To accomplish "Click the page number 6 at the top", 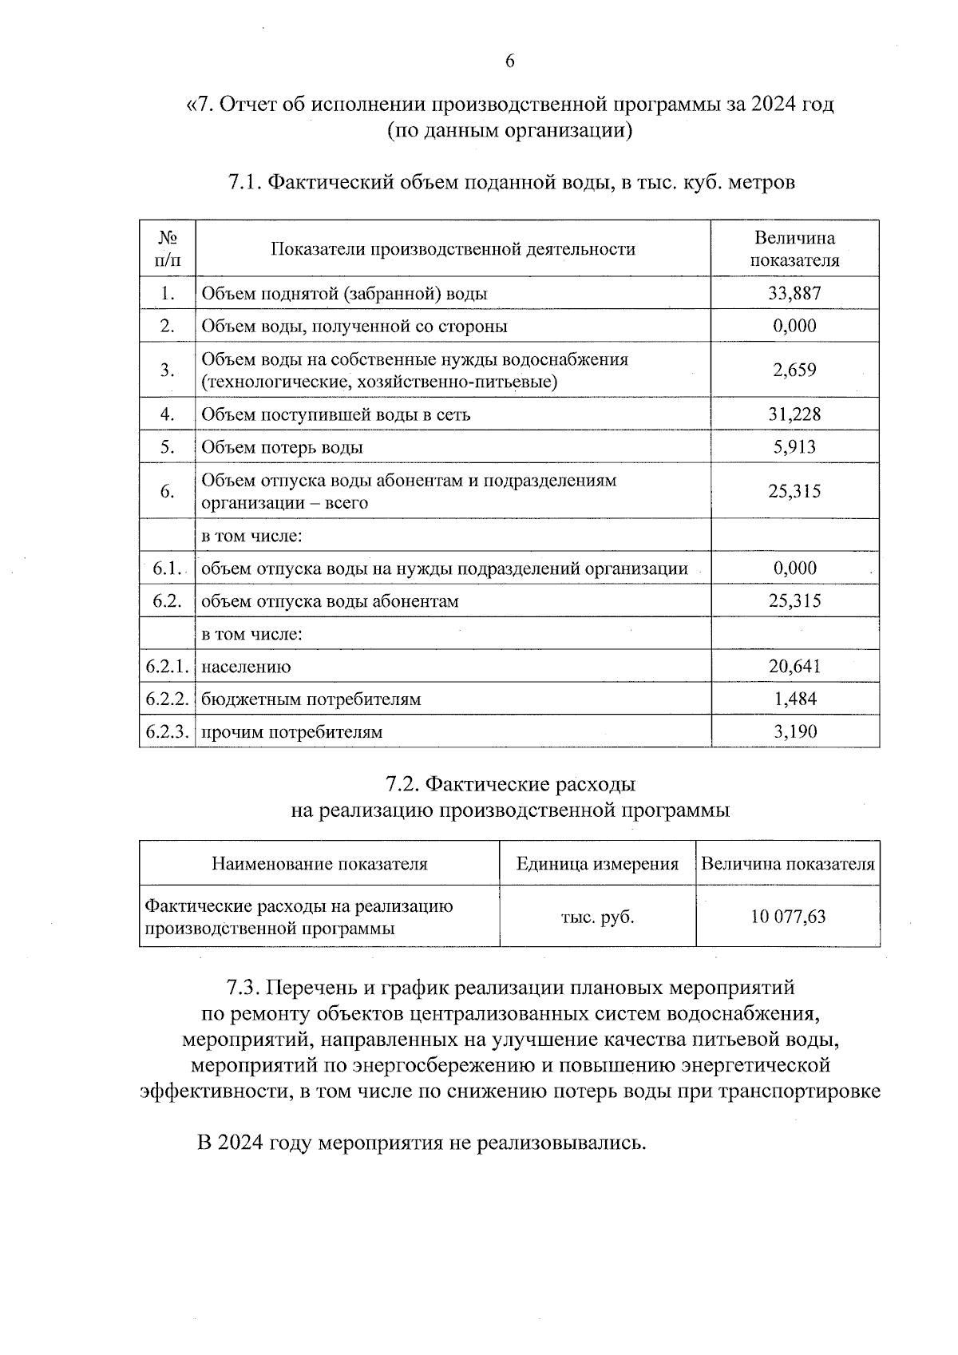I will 509,61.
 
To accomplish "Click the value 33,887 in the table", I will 794,293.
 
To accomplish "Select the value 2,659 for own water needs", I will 794,370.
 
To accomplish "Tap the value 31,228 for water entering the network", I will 794,414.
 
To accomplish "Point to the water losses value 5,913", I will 794,446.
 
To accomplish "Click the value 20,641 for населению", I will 794,666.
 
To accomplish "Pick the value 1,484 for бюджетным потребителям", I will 794,699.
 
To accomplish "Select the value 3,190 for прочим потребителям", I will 794,731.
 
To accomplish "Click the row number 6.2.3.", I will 167,731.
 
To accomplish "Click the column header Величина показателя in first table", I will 794,248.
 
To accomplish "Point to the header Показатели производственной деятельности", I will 453,249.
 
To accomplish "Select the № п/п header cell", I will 167,248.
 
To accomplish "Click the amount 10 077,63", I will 788,916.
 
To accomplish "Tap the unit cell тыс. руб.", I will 597,917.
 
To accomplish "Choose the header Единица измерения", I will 597,864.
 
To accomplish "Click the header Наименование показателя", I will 319,864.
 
